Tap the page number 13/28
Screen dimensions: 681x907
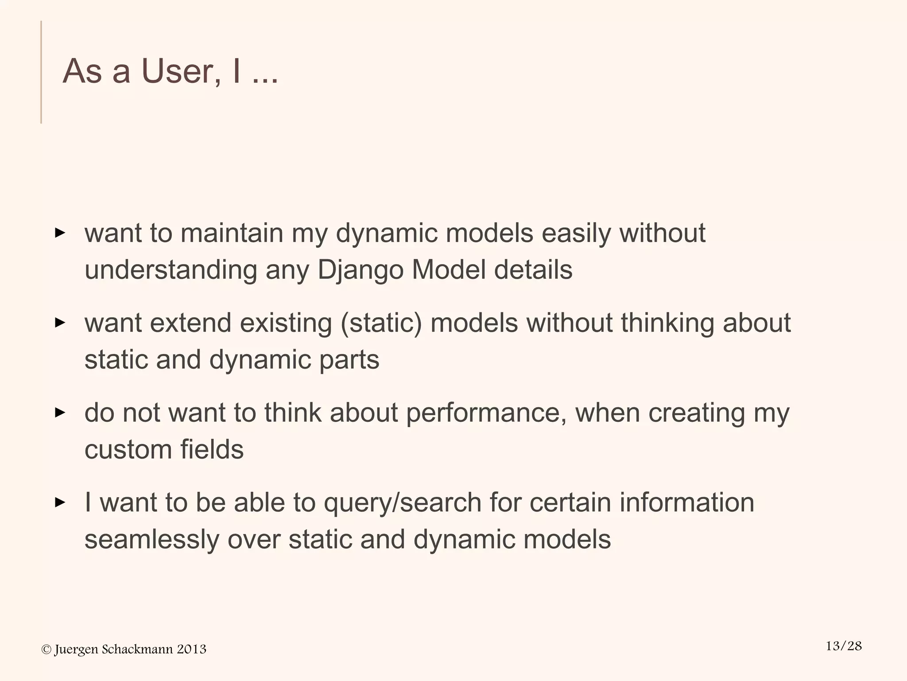pos(844,646)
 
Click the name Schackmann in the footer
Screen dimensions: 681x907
pos(137,650)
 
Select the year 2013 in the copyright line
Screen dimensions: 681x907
pos(191,650)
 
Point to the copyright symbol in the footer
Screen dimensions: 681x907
pos(46,650)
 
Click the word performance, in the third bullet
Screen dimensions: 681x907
pos(486,413)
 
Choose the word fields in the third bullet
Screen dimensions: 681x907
pos(212,449)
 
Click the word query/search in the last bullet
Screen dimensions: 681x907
pos(402,503)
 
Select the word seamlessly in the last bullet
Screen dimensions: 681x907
pos(151,540)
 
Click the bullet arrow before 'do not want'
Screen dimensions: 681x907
pos(60,413)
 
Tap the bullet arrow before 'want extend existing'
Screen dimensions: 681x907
pos(60,323)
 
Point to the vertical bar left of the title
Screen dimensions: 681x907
pos(41,72)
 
